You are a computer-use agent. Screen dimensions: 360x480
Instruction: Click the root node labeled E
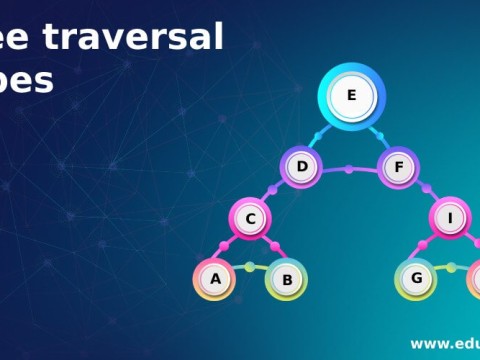point(351,96)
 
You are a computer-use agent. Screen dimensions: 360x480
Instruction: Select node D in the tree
point(301,167)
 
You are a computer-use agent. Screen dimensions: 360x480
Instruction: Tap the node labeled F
point(398,167)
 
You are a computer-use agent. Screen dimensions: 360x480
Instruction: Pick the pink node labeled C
point(252,219)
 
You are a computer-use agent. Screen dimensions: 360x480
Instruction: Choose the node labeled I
point(451,219)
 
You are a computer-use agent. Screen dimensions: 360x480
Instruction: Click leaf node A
point(214,279)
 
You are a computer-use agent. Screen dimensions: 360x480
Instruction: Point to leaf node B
point(287,280)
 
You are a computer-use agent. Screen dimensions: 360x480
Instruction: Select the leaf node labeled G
point(416,278)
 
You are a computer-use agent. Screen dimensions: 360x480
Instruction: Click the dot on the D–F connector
point(348,168)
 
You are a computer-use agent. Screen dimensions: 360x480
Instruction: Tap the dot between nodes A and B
point(250,267)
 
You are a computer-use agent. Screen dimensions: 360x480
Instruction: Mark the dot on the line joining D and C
point(274,190)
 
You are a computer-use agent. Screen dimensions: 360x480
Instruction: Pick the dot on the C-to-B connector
point(274,246)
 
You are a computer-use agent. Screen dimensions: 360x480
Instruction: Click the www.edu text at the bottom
point(444,343)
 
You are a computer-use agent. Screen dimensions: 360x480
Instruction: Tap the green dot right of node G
point(451,267)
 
